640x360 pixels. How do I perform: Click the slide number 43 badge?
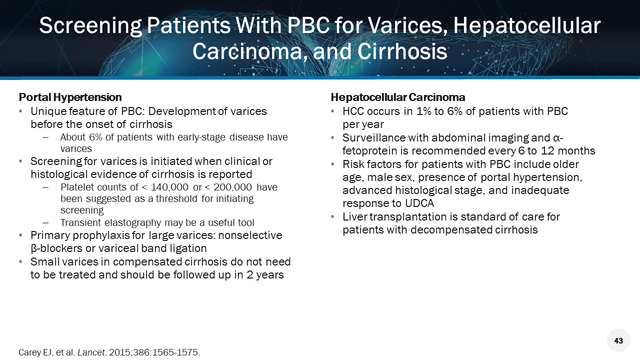pyautogui.click(x=618, y=340)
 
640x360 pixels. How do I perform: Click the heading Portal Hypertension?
pyautogui.click(x=70, y=97)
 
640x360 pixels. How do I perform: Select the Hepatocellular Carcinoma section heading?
pyautogui.click(x=398, y=97)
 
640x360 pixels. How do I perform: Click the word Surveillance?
pyautogui.click(x=373, y=138)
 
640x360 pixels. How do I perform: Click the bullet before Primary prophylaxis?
pyautogui.click(x=20, y=235)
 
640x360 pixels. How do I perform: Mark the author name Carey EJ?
pyautogui.click(x=35, y=352)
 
